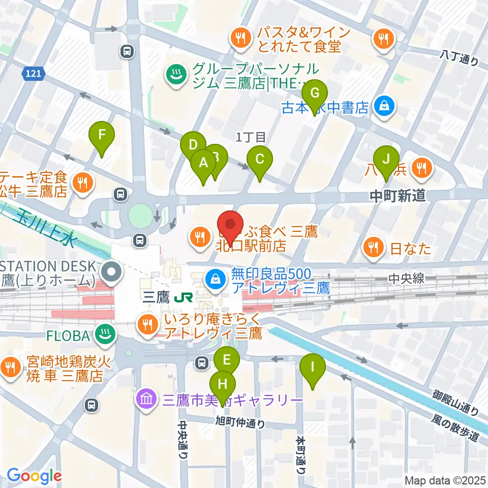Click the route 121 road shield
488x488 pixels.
[x=32, y=74]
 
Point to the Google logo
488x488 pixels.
[x=34, y=476]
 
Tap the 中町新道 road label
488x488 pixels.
[x=398, y=196]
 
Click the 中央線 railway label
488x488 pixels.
[x=406, y=279]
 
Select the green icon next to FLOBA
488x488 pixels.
[x=106, y=334]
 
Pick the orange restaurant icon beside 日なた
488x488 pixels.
[x=374, y=248]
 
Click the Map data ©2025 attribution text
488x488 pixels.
[x=445, y=480]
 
